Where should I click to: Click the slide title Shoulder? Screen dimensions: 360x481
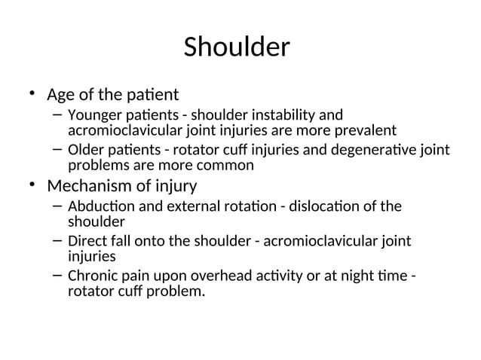pyautogui.click(x=237, y=47)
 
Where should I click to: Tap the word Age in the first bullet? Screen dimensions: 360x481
pyautogui.click(x=60, y=96)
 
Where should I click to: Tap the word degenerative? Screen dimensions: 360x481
pyautogui.click(x=375, y=151)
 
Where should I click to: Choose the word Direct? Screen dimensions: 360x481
pyautogui.click(x=84, y=241)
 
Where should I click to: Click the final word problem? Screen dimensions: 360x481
pyautogui.click(x=176, y=290)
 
